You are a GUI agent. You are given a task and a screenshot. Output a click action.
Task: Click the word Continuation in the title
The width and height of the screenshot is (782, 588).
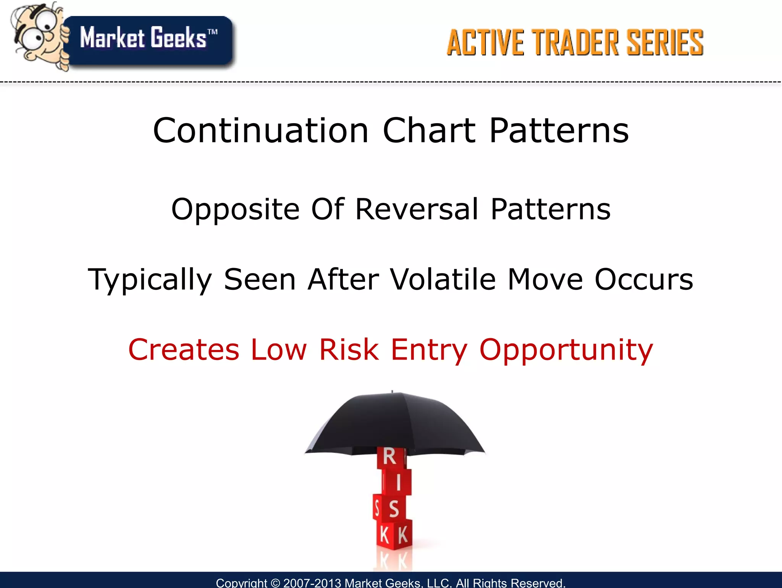coord(261,131)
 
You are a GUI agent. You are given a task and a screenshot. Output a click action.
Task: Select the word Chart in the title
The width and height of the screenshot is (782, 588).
coord(430,131)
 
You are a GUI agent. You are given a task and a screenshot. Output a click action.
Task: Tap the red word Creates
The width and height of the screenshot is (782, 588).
coord(184,349)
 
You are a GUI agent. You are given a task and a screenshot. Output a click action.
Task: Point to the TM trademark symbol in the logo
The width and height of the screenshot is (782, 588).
coord(212,32)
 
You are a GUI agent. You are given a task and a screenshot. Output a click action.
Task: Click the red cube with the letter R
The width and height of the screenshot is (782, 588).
coord(390,457)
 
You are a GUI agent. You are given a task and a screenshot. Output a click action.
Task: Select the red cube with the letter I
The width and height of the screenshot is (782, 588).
coord(398,483)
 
